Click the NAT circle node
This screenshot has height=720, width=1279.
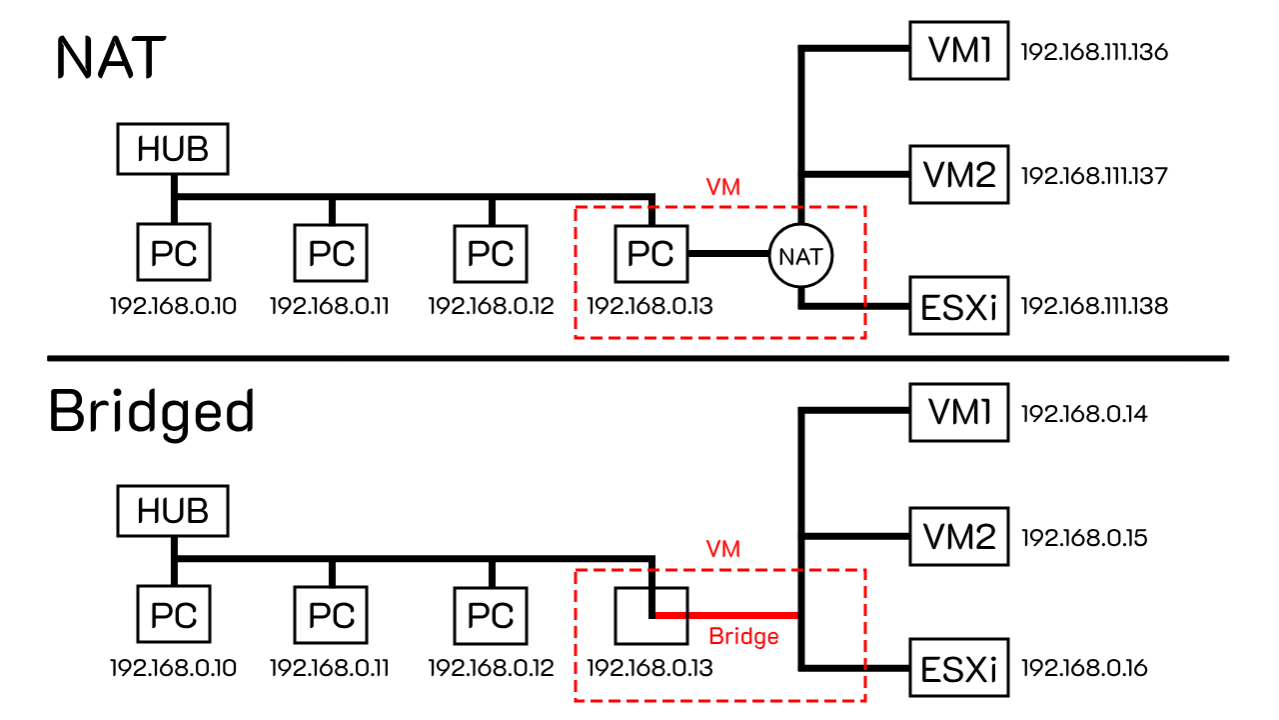coord(800,256)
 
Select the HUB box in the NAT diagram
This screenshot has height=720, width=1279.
coord(173,149)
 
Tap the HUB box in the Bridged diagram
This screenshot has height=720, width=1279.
coord(173,511)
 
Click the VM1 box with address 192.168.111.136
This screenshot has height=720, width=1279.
coord(958,51)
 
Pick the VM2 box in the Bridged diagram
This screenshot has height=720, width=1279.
coord(958,538)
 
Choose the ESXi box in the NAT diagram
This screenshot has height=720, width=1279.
coord(958,305)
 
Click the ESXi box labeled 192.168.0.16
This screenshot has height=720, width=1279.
coord(958,668)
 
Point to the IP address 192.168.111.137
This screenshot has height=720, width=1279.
coord(1094,177)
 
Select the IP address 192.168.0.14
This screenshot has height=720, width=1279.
coord(1083,413)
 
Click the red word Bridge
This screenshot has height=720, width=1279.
coord(743,636)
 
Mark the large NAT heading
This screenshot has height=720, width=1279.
coord(110,58)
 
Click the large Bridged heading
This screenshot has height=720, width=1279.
coord(151,411)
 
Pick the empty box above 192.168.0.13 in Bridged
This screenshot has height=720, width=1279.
coord(634,616)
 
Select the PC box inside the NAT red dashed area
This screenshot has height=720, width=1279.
coord(650,254)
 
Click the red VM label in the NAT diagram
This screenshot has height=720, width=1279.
coord(722,187)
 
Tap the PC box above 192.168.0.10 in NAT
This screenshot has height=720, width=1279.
coord(173,254)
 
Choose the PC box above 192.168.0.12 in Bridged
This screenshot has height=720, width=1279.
coord(491,616)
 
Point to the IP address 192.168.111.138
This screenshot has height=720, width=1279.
coord(1094,305)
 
